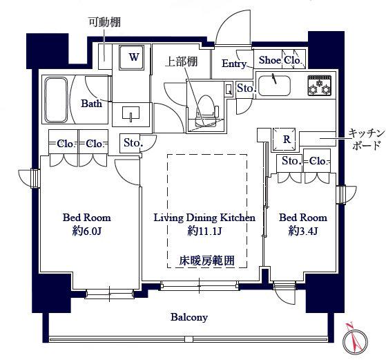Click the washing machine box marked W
coord(133,57)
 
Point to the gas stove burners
coord(320,86)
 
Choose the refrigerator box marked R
coord(286,138)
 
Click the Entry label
coord(235,64)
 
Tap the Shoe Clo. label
coord(279,61)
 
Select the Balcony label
coord(189,317)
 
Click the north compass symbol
coord(356,338)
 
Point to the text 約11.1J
coord(204,231)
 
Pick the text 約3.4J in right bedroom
coord(302,231)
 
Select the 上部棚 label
coord(181,61)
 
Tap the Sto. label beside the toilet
coord(245,88)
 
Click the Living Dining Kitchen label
coord(204,218)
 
